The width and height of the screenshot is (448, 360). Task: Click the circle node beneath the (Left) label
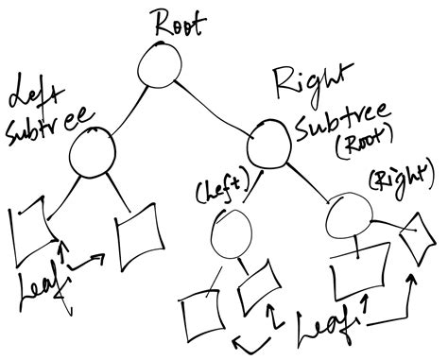pyautogui.click(x=231, y=233)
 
